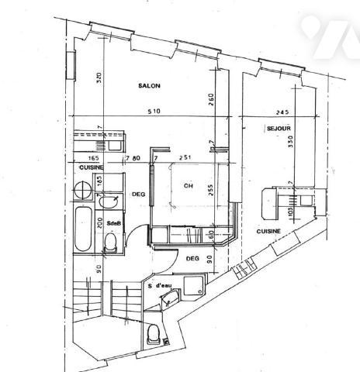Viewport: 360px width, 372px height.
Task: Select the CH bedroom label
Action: pyautogui.click(x=188, y=185)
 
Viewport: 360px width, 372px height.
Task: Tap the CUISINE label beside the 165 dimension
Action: pyautogui.click(x=92, y=167)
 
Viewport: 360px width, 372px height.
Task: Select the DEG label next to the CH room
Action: pyautogui.click(x=138, y=194)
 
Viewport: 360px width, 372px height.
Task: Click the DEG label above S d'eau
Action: pyautogui.click(x=192, y=258)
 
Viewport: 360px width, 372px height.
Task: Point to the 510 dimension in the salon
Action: pyautogui.click(x=155, y=112)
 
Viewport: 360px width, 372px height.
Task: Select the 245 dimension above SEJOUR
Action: pyautogui.click(x=281, y=112)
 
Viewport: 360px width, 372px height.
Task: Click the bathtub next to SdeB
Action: pyautogui.click(x=84, y=229)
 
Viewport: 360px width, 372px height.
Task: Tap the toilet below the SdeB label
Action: pyautogui.click(x=110, y=244)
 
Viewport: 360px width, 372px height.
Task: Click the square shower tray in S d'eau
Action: pyautogui.click(x=193, y=282)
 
